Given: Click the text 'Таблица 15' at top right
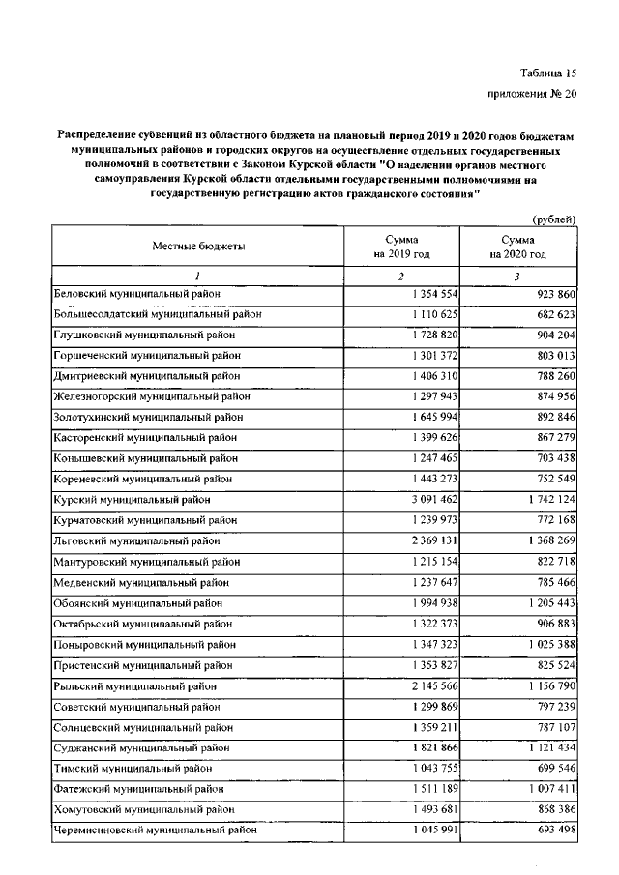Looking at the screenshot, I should click(x=546, y=74).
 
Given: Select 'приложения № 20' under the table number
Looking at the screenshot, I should click(x=530, y=95).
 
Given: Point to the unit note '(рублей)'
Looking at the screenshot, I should click(x=555, y=220).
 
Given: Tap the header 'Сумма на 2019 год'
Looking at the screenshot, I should click(x=401, y=246).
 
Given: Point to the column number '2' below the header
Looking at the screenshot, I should click(x=400, y=276).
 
